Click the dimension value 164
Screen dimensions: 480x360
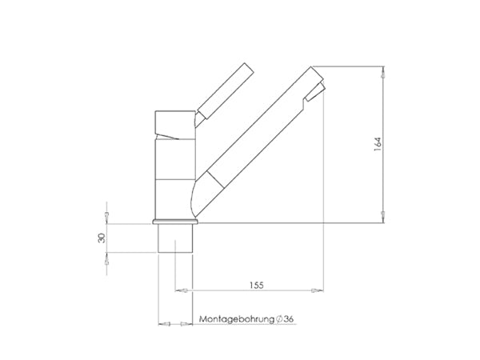[378, 143]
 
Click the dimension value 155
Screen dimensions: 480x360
[256, 286]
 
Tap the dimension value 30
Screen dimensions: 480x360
[102, 238]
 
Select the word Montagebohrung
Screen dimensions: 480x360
[237, 319]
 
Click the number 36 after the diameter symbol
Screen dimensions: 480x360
[288, 319]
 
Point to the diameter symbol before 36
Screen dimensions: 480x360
[279, 319]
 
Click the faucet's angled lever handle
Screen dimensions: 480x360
[226, 91]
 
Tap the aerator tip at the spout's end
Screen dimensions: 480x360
[314, 91]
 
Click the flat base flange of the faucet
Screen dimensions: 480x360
[175, 222]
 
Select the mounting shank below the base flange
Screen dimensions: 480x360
[175, 238]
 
